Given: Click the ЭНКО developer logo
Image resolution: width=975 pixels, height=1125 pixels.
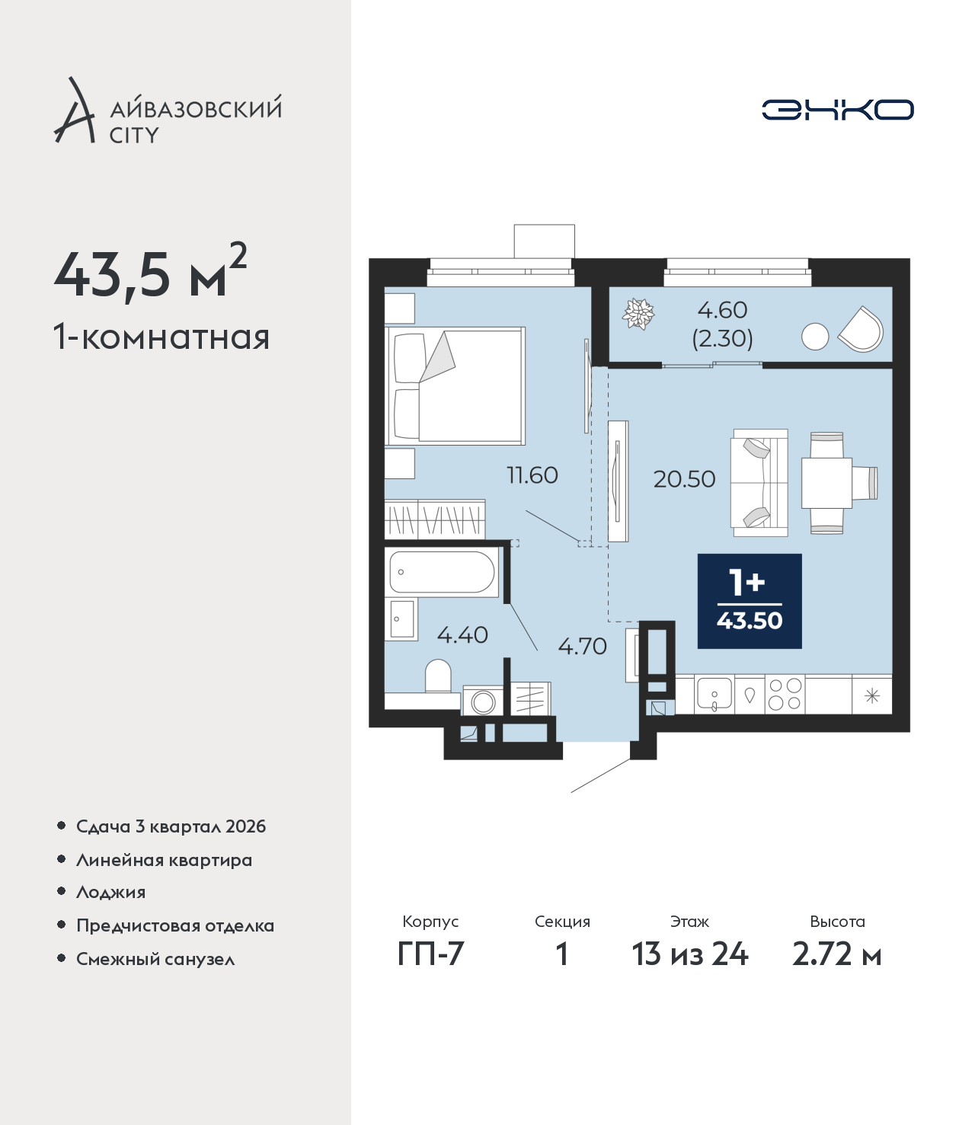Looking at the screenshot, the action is point(837,110).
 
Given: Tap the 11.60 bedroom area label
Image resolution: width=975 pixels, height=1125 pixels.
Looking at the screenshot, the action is point(532,475).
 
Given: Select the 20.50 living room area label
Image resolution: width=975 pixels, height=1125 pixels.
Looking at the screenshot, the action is point(684,479).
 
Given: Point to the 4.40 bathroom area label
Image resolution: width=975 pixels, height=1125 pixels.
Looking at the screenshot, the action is point(462,634).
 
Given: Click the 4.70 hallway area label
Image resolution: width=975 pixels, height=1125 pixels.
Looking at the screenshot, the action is point(582,646).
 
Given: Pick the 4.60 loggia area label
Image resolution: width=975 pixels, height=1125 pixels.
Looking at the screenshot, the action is point(722,310).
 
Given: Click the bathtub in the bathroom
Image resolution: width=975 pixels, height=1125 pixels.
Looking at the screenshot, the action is point(442,572).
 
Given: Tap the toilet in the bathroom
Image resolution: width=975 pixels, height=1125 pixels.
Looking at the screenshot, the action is point(438,676).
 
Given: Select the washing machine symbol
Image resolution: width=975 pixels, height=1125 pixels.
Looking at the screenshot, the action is point(483,701).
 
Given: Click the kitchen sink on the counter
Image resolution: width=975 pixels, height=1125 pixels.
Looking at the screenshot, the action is point(714,695).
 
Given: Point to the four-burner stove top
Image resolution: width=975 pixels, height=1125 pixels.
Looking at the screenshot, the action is point(785,695).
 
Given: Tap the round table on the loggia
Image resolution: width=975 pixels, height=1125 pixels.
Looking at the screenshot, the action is point(815,337).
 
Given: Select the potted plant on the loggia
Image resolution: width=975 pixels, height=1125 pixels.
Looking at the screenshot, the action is point(638,314).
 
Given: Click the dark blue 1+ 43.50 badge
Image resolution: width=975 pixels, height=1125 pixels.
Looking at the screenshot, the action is point(750,602).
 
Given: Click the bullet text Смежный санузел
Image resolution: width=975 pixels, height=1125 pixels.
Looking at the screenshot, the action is point(155,959).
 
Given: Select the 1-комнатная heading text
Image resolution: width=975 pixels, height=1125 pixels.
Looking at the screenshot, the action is point(161,337).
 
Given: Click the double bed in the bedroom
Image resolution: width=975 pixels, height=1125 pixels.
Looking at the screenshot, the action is point(455,386).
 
